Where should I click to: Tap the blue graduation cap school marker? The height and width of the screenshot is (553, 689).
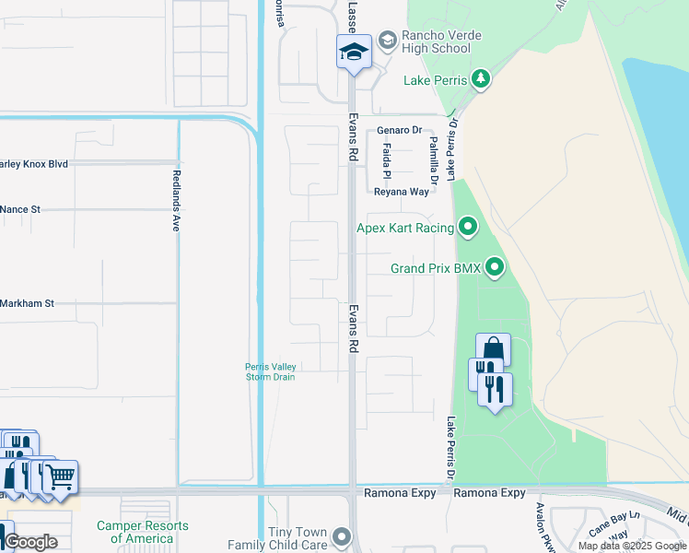(x=354, y=53)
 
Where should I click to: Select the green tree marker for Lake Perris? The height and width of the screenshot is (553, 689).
(x=480, y=80)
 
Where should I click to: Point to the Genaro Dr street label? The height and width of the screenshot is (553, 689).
(x=398, y=131)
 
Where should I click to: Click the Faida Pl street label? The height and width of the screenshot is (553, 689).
(x=388, y=160)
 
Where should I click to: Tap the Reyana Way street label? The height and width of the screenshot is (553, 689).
(x=402, y=192)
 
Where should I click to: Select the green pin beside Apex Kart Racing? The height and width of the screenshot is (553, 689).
(x=468, y=226)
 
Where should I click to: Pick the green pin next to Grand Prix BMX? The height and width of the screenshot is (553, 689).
(x=496, y=268)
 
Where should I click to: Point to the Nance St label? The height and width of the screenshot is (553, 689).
(x=20, y=210)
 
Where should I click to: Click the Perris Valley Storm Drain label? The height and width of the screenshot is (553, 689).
(x=271, y=371)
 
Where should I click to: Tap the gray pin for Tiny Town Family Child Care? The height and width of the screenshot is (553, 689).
(x=343, y=535)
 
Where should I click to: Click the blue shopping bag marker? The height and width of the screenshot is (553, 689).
(x=493, y=350)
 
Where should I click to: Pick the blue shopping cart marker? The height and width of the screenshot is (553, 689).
(x=61, y=477)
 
